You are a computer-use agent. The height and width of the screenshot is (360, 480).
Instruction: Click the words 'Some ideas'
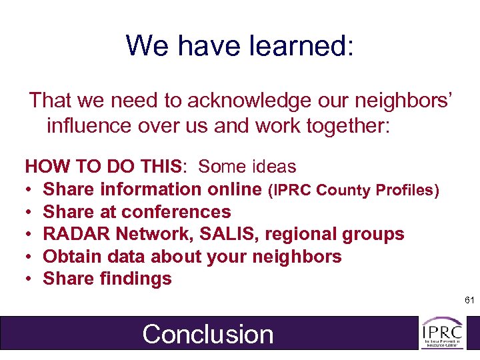coord(247,167)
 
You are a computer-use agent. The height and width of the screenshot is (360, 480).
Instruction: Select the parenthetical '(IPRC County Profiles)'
coord(353,190)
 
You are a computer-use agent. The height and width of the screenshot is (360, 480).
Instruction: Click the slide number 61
coord(469,301)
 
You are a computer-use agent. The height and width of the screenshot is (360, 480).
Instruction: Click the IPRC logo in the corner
coord(442,333)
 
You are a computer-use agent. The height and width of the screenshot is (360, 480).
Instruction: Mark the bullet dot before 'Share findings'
coord(29,279)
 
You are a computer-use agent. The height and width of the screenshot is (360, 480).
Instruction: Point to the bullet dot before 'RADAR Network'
coord(29,235)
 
